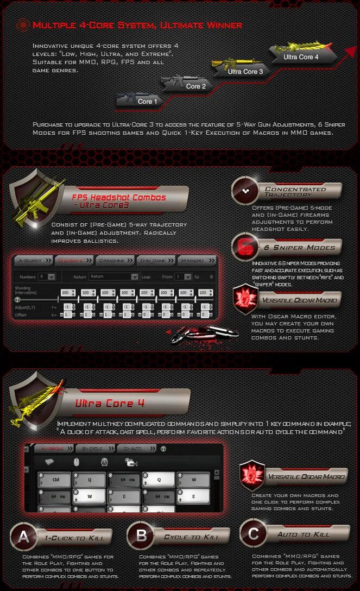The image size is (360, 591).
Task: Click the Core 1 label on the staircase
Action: point(145,102)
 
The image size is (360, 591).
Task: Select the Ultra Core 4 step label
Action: point(301,57)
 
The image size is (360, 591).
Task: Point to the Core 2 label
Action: point(195,86)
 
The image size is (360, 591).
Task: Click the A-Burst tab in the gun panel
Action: point(34,261)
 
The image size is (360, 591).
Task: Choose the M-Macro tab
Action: point(196,261)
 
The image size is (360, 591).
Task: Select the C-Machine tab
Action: point(115,261)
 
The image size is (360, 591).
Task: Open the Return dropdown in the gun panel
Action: point(113,276)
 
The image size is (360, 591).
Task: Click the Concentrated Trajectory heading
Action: point(295,192)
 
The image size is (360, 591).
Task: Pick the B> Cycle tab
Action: point(94,449)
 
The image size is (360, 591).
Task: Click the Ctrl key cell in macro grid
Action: point(56,480)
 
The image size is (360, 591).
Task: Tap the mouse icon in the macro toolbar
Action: point(75,462)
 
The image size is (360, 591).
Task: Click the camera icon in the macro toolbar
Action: point(130,462)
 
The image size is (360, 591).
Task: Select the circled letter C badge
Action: point(252,534)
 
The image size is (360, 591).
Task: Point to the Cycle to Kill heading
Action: point(192,537)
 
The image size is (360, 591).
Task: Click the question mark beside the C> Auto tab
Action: point(164,449)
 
